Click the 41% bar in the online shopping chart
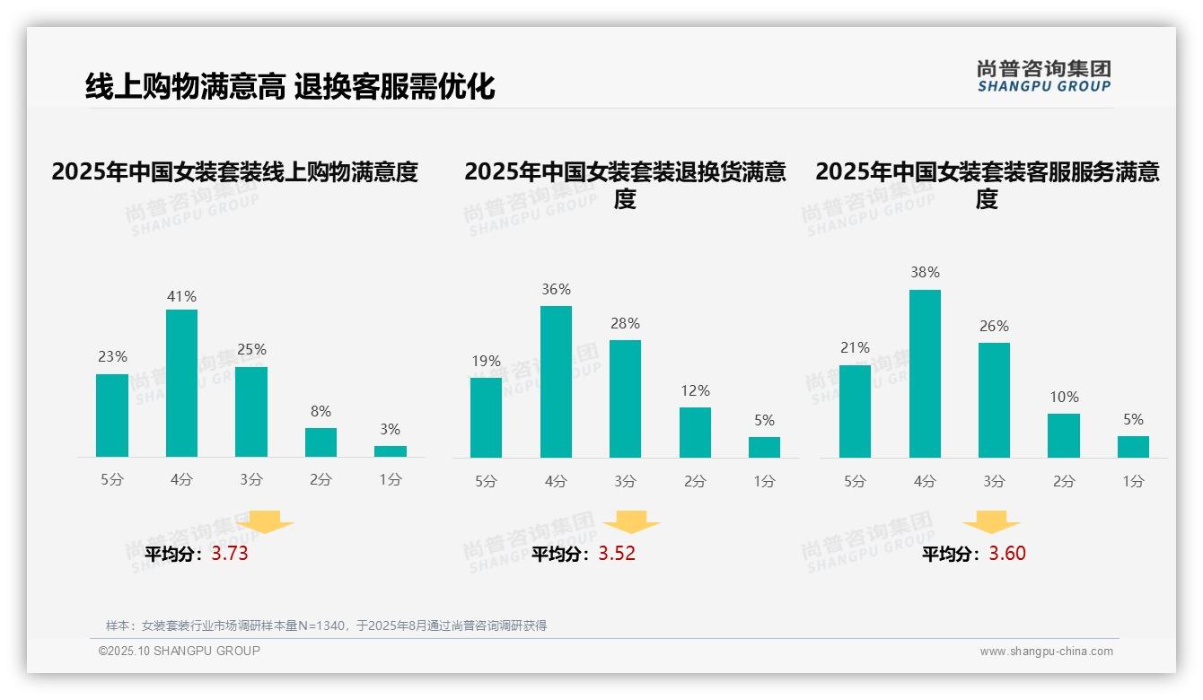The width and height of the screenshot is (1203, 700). pyautogui.click(x=181, y=383)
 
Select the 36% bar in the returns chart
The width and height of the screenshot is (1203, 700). pyautogui.click(x=556, y=381)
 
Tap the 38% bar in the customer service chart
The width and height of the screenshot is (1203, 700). pyautogui.click(x=925, y=373)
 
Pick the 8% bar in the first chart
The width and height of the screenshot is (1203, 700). pyautogui.click(x=321, y=442)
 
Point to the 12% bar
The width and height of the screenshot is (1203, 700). pyautogui.click(x=695, y=433)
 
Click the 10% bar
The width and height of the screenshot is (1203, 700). pyautogui.click(x=1064, y=435)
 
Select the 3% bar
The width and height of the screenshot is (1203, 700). pyautogui.click(x=391, y=451)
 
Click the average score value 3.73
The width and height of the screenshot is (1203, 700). pyautogui.click(x=230, y=554)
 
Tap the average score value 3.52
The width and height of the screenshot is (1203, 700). pyautogui.click(x=617, y=554)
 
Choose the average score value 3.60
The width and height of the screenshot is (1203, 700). pyautogui.click(x=1007, y=554)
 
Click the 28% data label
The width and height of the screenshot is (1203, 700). pyautogui.click(x=625, y=323)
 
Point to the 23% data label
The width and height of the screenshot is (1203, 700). pyautogui.click(x=112, y=356)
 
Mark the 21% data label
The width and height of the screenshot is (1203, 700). pyautogui.click(x=855, y=347)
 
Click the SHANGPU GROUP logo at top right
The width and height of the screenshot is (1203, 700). pyautogui.click(x=1044, y=76)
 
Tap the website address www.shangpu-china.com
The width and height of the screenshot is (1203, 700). pyautogui.click(x=1046, y=652)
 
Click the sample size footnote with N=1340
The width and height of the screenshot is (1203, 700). pyautogui.click(x=326, y=626)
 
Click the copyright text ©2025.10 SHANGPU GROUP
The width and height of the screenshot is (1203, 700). pyautogui.click(x=180, y=651)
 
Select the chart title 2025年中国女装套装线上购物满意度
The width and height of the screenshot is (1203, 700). pyautogui.click(x=235, y=171)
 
